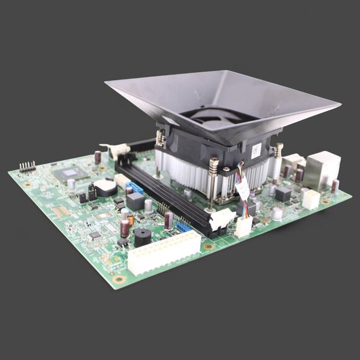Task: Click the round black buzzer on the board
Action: point(142,236)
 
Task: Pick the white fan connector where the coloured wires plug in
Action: point(243,227)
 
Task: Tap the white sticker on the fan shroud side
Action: point(255,149)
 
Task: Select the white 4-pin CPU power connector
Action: point(310,199)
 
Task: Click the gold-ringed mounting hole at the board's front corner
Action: point(118,279)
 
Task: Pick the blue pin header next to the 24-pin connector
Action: point(183,227)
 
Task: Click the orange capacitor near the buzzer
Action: point(130,220)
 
